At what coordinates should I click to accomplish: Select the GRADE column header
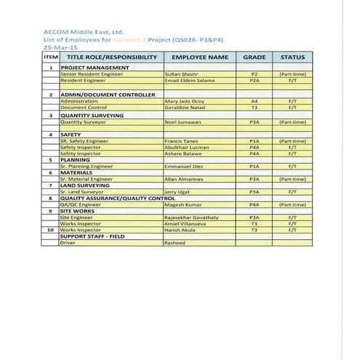[x=255, y=57]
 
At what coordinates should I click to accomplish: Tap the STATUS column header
[x=292, y=57]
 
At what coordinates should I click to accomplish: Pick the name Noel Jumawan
[x=183, y=122]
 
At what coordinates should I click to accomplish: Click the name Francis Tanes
[x=182, y=141]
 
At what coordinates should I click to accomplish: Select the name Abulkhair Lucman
[x=186, y=148]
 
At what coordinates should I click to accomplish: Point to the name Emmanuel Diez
[x=184, y=167]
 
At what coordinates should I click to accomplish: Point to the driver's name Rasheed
[x=176, y=243]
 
